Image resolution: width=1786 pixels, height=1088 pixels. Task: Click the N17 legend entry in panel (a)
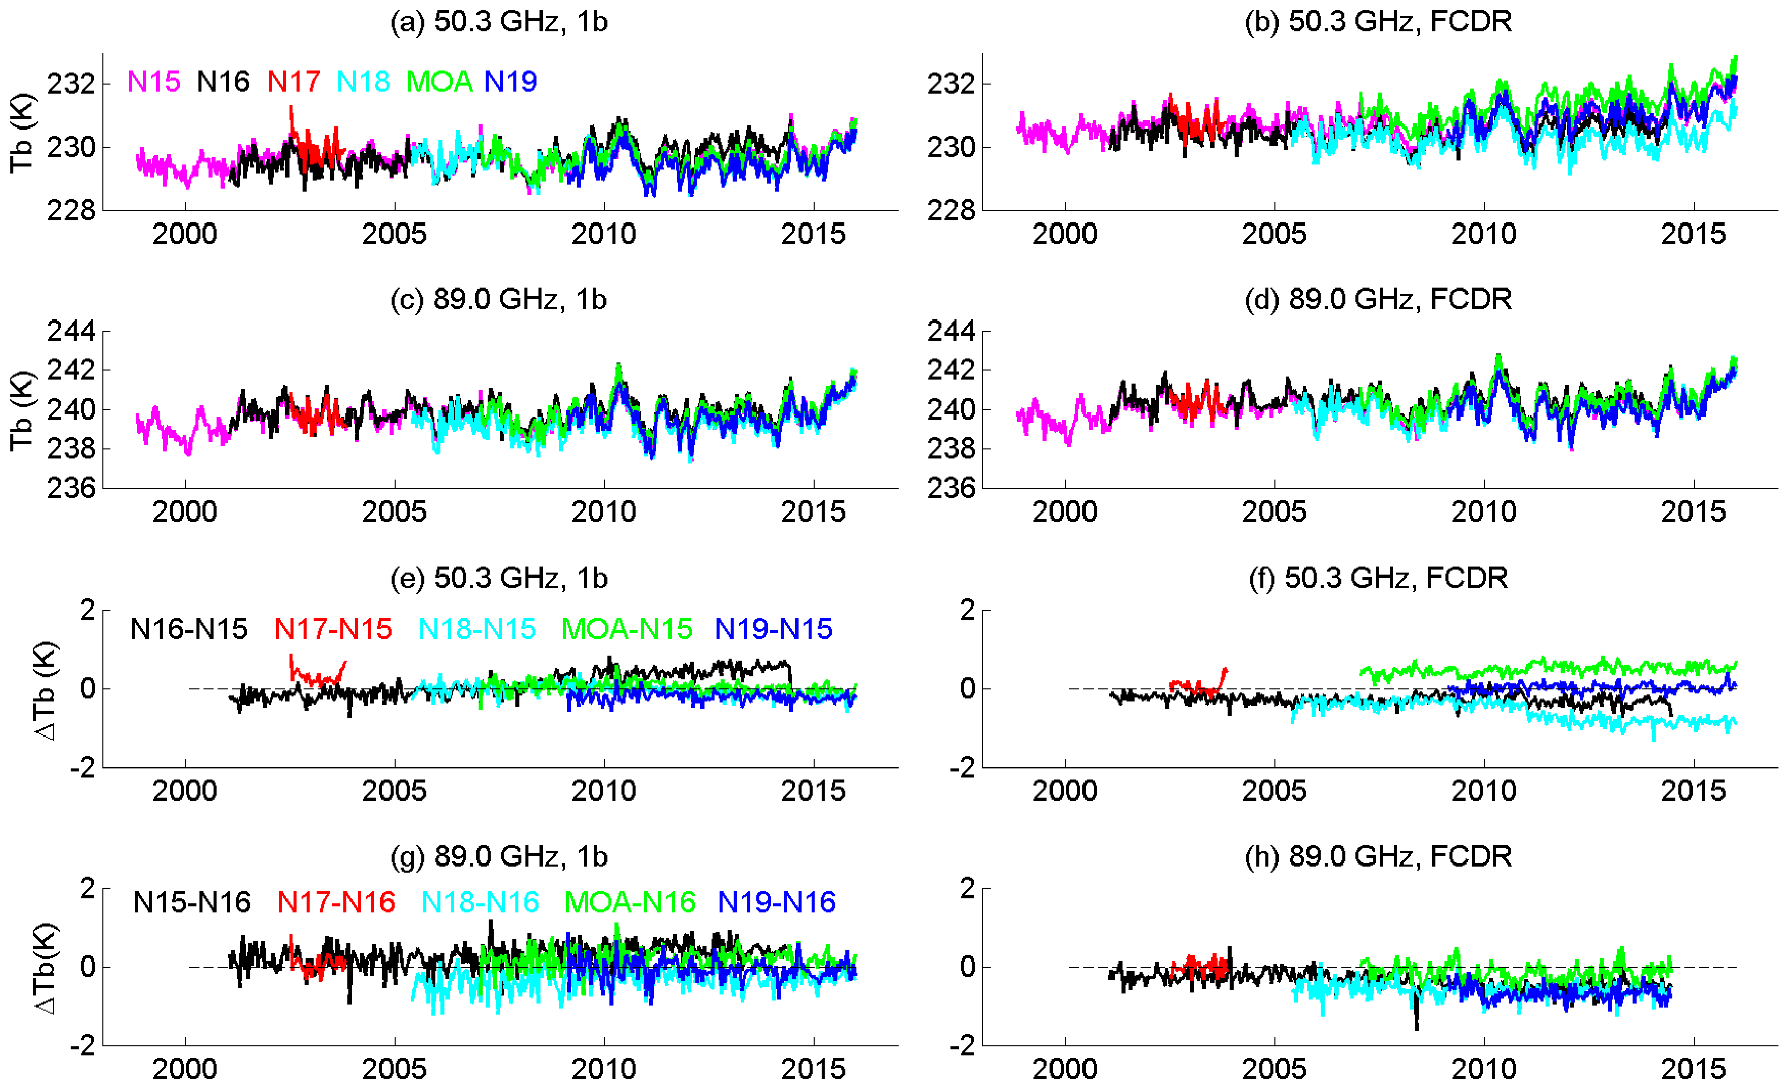[294, 81]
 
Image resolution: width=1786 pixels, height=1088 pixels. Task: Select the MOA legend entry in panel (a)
[439, 81]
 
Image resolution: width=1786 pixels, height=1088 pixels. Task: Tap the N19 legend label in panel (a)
[511, 81]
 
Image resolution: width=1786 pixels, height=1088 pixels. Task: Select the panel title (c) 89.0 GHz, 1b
[499, 299]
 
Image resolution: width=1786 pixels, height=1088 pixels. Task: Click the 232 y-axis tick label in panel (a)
[71, 84]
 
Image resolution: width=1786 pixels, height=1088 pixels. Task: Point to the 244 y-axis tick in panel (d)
[951, 331]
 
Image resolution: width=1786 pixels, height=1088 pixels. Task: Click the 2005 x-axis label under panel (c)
[394, 511]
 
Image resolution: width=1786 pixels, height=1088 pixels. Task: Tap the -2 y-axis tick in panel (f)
[963, 767]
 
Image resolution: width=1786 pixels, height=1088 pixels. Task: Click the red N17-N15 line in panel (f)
[1189, 684]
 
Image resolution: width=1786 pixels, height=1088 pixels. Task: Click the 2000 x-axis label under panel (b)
[1065, 234]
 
